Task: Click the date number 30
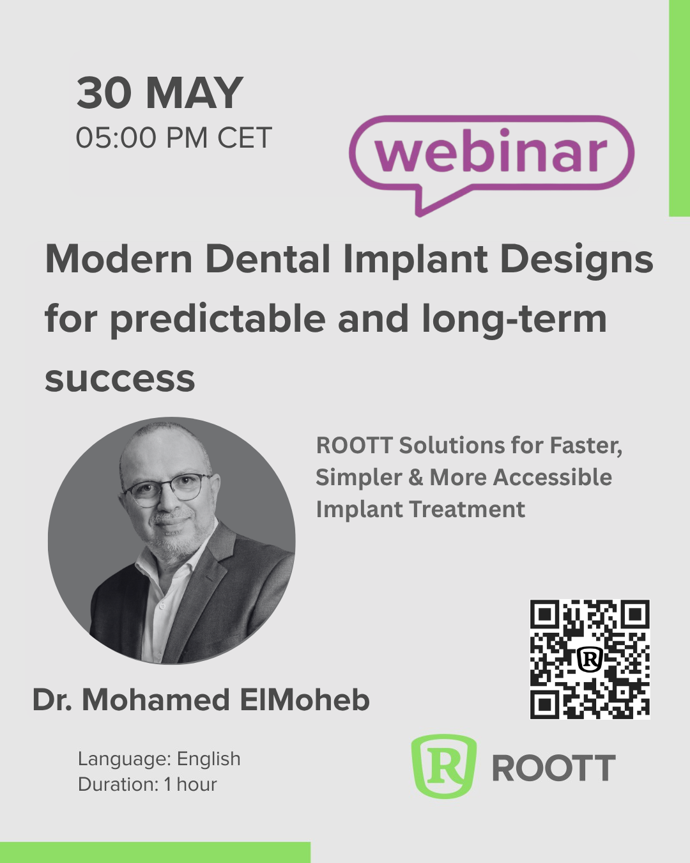point(104,93)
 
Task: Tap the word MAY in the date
point(194,93)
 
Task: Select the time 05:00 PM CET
point(174,137)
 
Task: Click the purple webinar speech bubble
point(491,165)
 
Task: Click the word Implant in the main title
point(415,261)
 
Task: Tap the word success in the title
point(120,380)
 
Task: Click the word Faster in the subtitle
point(586,446)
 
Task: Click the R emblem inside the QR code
point(590,658)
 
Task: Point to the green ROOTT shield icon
point(444,766)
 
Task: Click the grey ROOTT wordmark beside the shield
point(554,768)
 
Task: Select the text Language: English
point(159,759)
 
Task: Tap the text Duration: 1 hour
point(148,784)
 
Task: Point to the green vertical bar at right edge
point(679,108)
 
